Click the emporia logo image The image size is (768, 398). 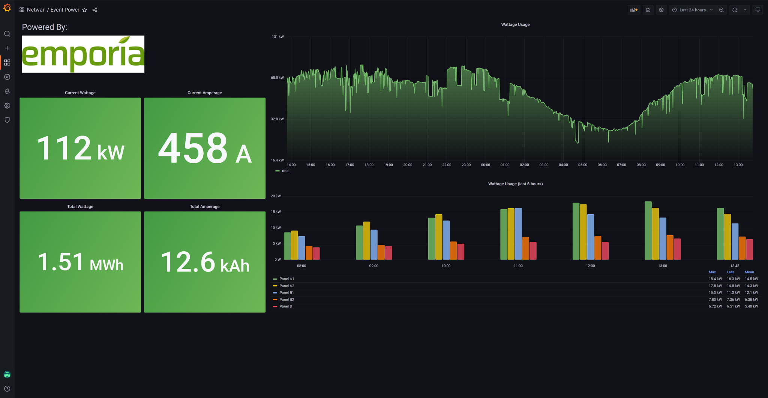(83, 54)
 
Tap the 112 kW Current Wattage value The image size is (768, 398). (80, 148)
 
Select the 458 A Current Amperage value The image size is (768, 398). (205, 148)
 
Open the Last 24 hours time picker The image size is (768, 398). (692, 10)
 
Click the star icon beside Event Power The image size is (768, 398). (85, 10)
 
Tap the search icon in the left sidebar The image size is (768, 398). (7, 34)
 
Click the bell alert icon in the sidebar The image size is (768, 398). (7, 91)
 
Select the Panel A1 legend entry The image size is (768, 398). (286, 279)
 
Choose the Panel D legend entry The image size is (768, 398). (285, 307)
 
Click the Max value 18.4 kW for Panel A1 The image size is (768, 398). (715, 279)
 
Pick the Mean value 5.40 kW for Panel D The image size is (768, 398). (751, 307)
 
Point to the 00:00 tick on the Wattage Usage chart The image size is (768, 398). (485, 165)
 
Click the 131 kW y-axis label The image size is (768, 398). (277, 37)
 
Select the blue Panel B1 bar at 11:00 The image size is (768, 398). (518, 234)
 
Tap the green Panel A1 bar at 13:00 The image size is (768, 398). (648, 231)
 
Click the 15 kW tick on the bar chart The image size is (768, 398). (276, 212)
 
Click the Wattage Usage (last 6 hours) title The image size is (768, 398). (515, 184)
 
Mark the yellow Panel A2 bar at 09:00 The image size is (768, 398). (366, 241)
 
